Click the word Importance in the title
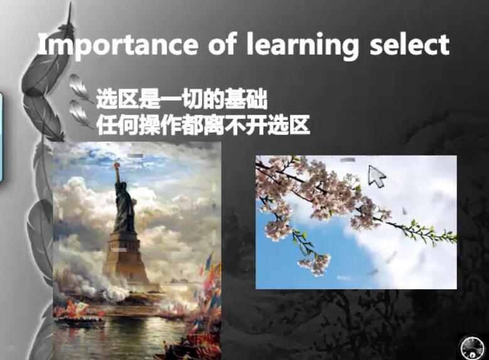(x=117, y=46)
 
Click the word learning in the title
(x=302, y=46)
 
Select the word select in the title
(x=409, y=45)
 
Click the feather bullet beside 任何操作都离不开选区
(x=80, y=114)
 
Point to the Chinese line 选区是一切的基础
(x=182, y=99)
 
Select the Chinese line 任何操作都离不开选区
(x=203, y=125)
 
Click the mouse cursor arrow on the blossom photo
(x=377, y=176)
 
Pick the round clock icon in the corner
(x=472, y=347)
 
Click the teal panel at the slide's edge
(x=1, y=137)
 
